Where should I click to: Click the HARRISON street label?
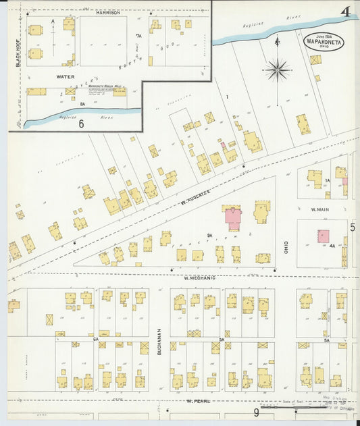pyautogui.click(x=108, y=12)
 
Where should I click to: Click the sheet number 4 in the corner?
pyautogui.click(x=345, y=11)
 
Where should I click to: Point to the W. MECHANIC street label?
pyautogui.click(x=200, y=277)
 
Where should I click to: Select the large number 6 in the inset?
pyautogui.click(x=80, y=123)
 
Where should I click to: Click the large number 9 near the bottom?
pyautogui.click(x=257, y=411)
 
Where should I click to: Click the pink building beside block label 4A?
pyautogui.click(x=324, y=236)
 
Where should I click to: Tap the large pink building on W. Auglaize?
pyautogui.click(x=233, y=219)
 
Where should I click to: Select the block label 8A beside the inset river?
pyautogui.click(x=82, y=104)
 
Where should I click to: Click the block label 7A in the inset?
pyautogui.click(x=138, y=35)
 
